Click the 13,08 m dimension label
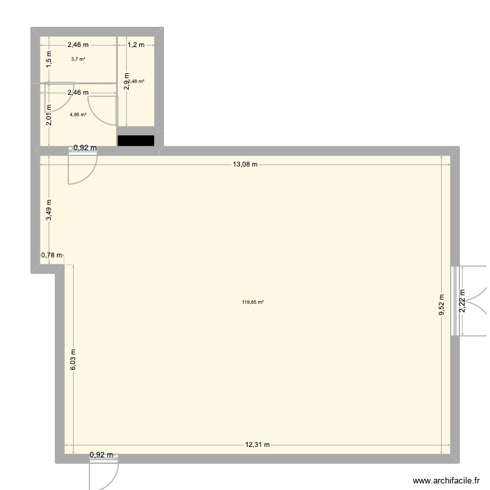(245, 164)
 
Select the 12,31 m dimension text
(257, 445)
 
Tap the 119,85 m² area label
(252, 302)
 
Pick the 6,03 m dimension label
(73, 359)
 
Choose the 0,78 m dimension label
(52, 255)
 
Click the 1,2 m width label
(135, 45)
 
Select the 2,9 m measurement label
(127, 84)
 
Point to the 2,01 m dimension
(48, 118)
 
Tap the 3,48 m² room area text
(137, 81)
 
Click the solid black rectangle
(135, 140)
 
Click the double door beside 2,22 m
(469, 301)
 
